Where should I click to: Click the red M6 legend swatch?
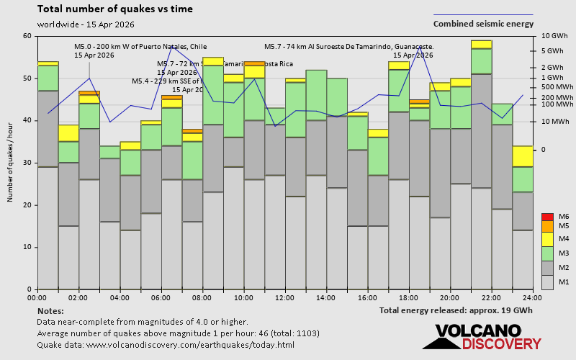tap(547, 217)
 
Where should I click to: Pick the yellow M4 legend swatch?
tap(547, 238)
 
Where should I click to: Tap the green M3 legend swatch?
tap(547, 253)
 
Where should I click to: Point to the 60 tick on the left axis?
tap(27, 36)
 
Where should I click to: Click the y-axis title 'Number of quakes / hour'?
tap(11, 163)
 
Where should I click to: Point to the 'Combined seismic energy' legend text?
tap(483, 24)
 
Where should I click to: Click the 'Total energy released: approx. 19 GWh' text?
tap(456, 310)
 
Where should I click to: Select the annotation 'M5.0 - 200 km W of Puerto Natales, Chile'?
tap(140, 47)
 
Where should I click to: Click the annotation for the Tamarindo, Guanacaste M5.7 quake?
tap(348, 47)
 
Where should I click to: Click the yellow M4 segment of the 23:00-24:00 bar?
tap(522, 156)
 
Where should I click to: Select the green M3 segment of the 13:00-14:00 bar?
tap(316, 95)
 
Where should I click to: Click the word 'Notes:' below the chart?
tap(50, 310)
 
